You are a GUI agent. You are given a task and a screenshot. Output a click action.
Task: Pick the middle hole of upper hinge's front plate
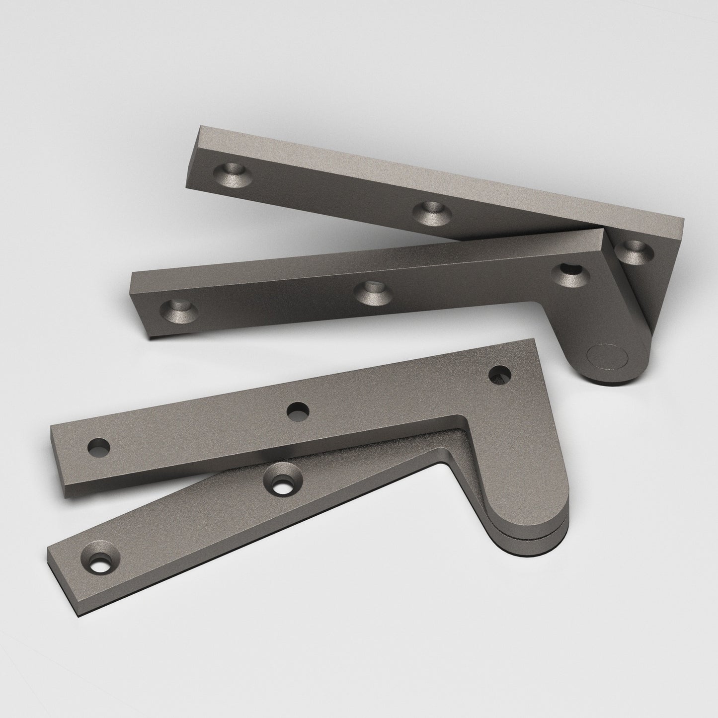click(x=376, y=292)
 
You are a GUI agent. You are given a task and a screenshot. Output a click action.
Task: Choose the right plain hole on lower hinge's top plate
click(x=500, y=374)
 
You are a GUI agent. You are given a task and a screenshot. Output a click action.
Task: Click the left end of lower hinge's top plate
click(x=57, y=465)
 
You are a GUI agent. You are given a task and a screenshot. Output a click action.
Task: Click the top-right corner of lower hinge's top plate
click(x=533, y=340)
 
